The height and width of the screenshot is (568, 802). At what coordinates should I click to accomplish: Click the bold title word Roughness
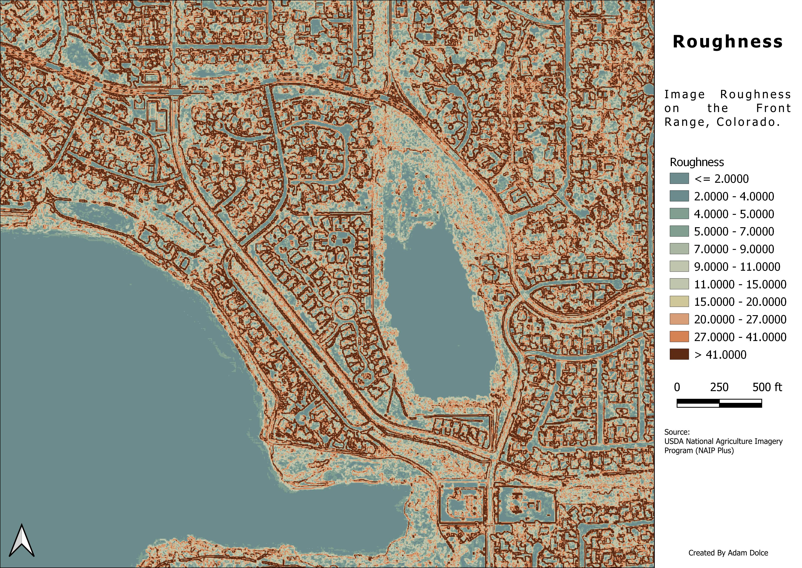pos(728,42)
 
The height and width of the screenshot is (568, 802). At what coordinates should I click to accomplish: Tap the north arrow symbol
pos(22,545)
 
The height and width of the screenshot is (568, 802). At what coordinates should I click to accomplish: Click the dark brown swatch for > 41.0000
pos(679,354)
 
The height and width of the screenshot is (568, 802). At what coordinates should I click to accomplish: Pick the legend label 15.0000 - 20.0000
pos(740,302)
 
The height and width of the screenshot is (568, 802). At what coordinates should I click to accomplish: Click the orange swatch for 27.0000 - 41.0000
pos(679,337)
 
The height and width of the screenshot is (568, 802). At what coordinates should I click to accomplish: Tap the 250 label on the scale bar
pos(719,387)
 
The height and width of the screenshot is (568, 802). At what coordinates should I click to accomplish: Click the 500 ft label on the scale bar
pos(767,387)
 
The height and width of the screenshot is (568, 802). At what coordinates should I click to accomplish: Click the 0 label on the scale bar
pos(677,387)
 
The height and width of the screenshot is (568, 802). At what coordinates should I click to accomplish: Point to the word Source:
pos(677,432)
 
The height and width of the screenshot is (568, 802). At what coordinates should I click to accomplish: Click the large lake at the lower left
pos(122,367)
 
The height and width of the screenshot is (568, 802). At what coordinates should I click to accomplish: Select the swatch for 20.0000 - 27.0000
pos(679,319)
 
